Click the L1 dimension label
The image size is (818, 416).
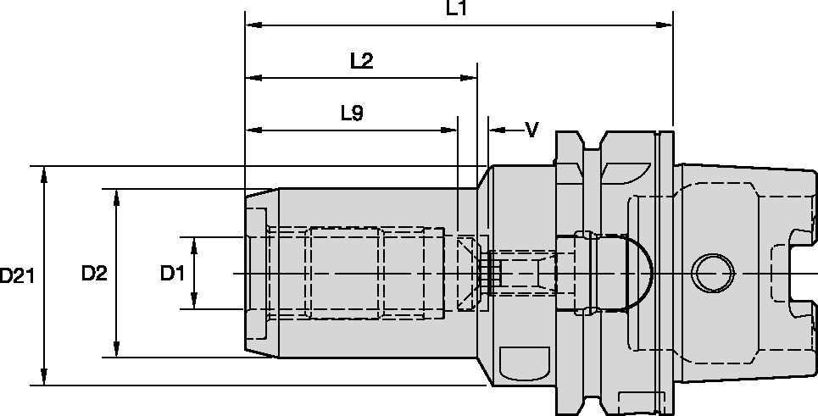coord(457,9)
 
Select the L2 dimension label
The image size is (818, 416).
coord(361,61)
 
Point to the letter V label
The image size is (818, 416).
coord(531,130)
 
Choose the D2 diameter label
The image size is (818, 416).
coord(94,274)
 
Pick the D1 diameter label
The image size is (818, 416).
coord(173,274)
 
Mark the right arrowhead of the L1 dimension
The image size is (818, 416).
coord(665,25)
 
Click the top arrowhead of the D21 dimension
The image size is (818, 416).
coord(45,172)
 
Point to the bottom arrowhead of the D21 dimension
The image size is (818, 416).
coord(45,380)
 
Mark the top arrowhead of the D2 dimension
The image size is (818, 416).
coord(117,195)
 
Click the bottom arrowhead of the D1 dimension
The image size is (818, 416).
coord(195,302)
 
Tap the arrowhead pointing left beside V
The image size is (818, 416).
coord(496,130)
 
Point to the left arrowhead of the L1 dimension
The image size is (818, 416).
coord(252,25)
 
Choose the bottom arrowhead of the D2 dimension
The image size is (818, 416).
coord(117,351)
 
